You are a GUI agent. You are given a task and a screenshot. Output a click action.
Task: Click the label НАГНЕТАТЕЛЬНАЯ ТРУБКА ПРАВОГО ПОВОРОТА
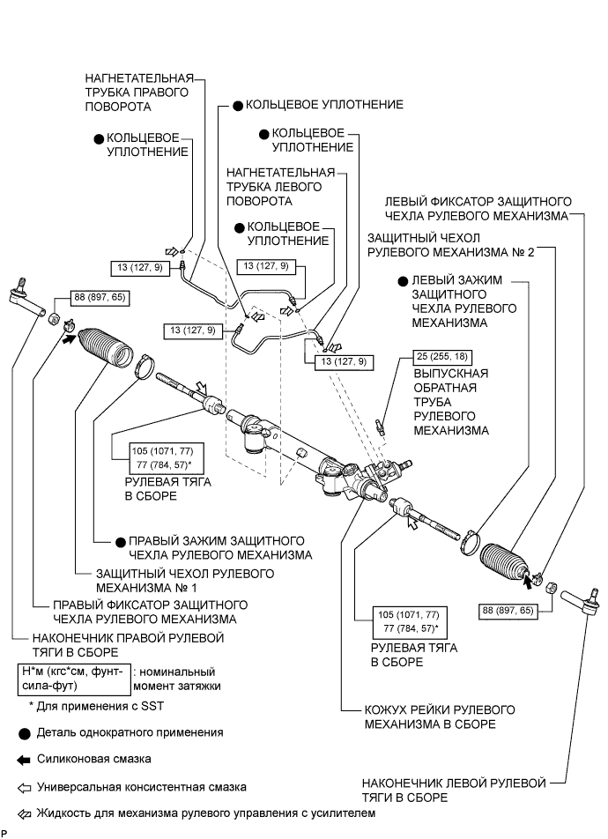[x=138, y=93]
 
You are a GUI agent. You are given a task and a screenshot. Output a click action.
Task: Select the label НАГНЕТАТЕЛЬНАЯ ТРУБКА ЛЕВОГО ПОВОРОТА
[x=280, y=187]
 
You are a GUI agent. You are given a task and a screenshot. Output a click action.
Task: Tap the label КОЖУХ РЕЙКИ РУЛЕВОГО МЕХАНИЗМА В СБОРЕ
[x=440, y=717]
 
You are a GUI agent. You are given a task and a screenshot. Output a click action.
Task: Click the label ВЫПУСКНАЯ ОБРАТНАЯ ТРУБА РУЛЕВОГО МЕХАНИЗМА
[x=451, y=402]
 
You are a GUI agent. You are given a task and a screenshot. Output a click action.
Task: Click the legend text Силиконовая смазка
[x=94, y=759]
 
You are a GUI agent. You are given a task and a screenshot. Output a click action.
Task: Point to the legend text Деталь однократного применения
[x=130, y=732]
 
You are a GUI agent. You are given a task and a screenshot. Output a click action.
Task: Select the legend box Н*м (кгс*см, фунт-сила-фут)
[x=74, y=679]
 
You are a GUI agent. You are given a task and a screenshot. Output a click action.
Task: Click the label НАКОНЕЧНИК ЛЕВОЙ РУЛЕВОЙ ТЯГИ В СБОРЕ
[x=454, y=791]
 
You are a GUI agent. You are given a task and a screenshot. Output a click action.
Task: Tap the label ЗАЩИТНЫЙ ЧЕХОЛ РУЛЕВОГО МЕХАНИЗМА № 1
[x=185, y=581]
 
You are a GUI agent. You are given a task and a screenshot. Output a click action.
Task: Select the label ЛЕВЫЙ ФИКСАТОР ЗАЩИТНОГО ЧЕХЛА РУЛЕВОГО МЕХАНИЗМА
[x=478, y=209]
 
